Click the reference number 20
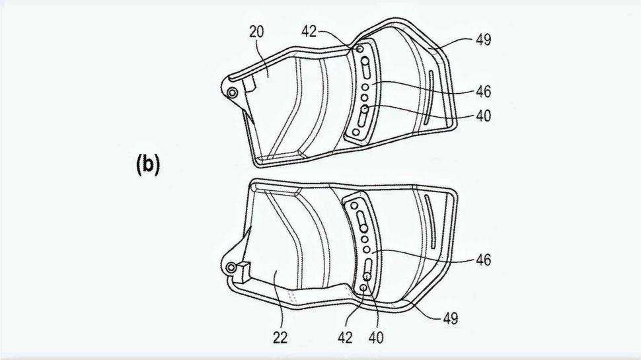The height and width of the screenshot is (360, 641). (x=256, y=32)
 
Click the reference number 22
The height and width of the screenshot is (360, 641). (x=280, y=338)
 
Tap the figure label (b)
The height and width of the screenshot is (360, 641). (x=147, y=164)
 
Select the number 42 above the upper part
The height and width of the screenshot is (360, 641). (x=309, y=31)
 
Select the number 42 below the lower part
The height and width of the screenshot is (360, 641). (x=346, y=337)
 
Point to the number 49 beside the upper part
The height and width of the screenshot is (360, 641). (x=483, y=40)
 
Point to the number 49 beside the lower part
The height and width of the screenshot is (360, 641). (x=451, y=318)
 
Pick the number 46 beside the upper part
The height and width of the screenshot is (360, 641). (x=484, y=92)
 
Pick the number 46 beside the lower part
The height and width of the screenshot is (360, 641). (x=483, y=260)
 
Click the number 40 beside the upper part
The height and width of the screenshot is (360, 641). (x=484, y=116)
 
